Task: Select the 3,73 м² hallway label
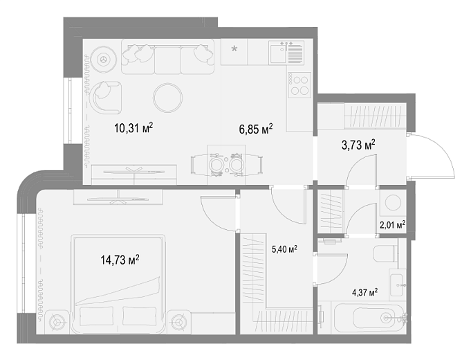(x=358, y=145)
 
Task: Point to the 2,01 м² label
(x=393, y=225)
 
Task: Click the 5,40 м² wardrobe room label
(x=284, y=249)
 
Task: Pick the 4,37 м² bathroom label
(x=364, y=292)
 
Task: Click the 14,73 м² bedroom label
(x=120, y=260)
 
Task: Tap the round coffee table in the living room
(x=167, y=98)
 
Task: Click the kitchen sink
(x=277, y=53)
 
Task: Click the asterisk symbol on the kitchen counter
(x=234, y=48)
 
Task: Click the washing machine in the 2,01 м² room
(x=393, y=202)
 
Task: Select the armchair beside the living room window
(x=106, y=97)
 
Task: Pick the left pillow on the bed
(x=96, y=316)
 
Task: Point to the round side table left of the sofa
(x=104, y=59)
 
